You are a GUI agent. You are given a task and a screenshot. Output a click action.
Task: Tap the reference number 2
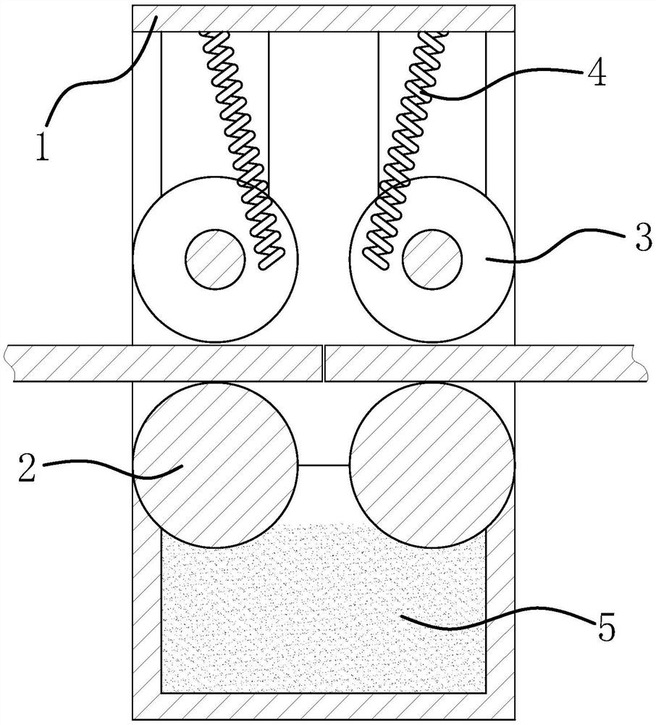point(28,468)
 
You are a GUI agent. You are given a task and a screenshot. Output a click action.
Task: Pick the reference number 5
point(606,626)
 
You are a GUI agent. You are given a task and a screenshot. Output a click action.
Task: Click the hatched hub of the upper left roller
point(215,260)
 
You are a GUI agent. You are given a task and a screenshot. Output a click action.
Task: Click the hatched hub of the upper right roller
point(432,260)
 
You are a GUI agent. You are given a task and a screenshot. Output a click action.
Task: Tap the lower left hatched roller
point(215,465)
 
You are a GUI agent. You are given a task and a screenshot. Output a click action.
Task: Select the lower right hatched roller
point(432,465)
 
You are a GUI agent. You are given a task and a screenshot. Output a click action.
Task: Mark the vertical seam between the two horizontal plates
point(324,363)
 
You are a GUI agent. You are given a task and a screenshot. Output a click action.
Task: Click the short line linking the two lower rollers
point(324,465)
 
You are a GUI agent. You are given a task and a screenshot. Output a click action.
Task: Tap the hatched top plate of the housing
point(324,19)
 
